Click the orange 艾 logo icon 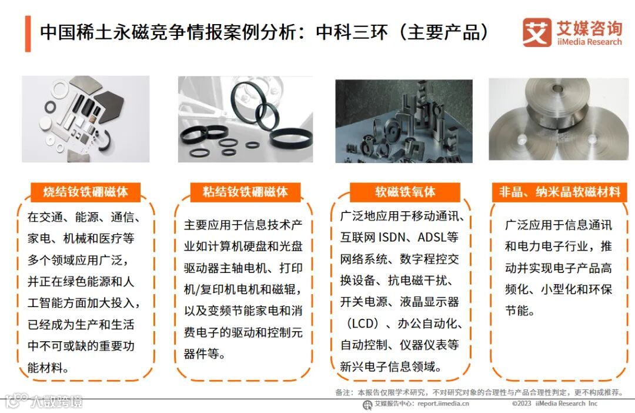[x=537, y=32]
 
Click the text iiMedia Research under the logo [x=589, y=42]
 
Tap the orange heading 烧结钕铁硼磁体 [x=85, y=192]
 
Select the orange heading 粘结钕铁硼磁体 [x=245, y=192]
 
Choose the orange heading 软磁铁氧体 [x=405, y=192]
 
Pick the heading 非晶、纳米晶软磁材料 [x=560, y=192]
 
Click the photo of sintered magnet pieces [x=85, y=119]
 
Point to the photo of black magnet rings [x=245, y=119]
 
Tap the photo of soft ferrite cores [x=404, y=121]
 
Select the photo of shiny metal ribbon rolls [x=559, y=119]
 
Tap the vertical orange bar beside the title [x=28, y=34]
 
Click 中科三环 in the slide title [x=352, y=32]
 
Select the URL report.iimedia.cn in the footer [x=443, y=404]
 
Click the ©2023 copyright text [x=522, y=404]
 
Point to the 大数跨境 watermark [x=56, y=401]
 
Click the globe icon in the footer [x=367, y=405]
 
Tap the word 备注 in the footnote [x=342, y=392]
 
